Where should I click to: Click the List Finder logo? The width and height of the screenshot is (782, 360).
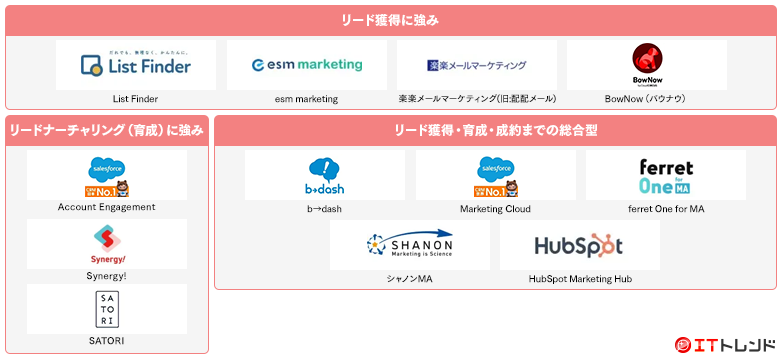136,67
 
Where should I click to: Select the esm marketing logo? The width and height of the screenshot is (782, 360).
307,65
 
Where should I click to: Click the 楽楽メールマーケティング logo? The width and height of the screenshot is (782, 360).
476,66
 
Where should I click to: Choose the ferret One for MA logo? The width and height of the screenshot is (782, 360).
666,176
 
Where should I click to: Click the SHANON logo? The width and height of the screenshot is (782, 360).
409,245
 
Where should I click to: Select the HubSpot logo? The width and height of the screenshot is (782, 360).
579,245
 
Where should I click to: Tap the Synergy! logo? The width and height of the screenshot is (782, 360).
107,242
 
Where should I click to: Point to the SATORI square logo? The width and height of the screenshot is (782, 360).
107,309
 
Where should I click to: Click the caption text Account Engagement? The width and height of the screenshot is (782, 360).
107,207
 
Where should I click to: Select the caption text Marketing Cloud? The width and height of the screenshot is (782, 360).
495,209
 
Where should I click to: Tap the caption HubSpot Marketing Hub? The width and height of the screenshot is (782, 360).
580,278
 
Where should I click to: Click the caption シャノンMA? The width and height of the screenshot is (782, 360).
409,278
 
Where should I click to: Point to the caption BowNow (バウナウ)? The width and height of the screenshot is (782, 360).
646,99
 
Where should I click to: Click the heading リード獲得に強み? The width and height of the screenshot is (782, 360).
390,20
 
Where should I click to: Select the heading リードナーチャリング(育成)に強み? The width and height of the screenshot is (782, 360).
107,130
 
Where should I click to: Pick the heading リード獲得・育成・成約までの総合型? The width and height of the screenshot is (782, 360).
495,130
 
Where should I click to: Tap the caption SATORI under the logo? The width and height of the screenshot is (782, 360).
107,341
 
